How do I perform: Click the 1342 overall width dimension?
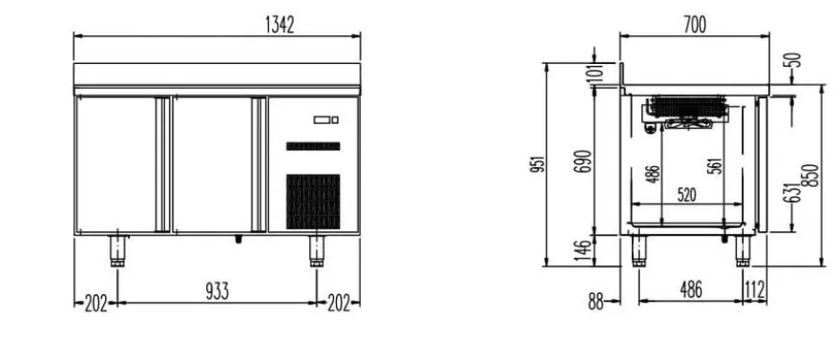pyautogui.click(x=280, y=25)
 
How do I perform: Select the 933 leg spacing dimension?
pyautogui.click(x=217, y=291)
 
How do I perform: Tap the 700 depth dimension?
pyautogui.click(x=695, y=25)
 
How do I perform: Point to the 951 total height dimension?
pyautogui.click(x=539, y=164)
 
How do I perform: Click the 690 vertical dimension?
pyautogui.click(x=583, y=161)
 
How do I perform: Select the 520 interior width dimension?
pyautogui.click(x=686, y=196)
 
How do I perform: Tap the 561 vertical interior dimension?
pyautogui.click(x=718, y=166)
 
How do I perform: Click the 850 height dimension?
pyautogui.click(x=812, y=176)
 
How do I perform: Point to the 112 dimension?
pyautogui.click(x=754, y=290)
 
